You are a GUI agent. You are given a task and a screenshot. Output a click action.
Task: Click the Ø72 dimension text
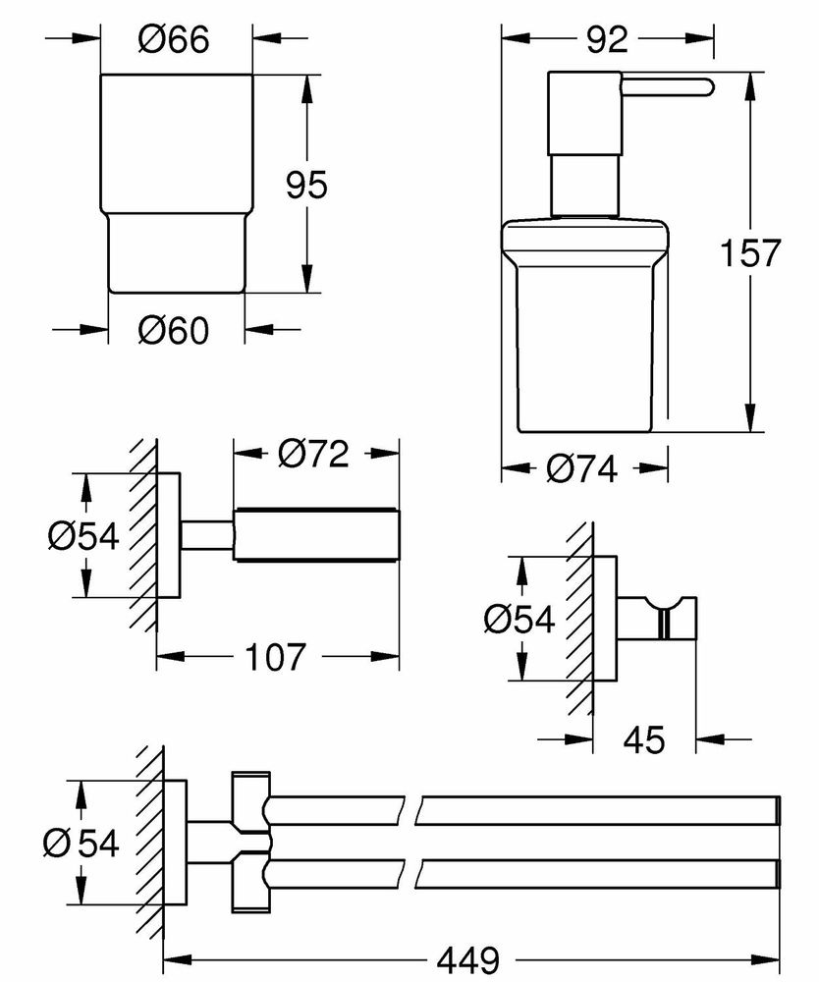[313, 455]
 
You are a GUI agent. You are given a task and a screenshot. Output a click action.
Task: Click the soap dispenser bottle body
[585, 334]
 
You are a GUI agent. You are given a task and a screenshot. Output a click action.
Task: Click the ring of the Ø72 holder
[315, 535]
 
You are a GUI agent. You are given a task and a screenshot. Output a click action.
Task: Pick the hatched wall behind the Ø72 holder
[145, 535]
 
